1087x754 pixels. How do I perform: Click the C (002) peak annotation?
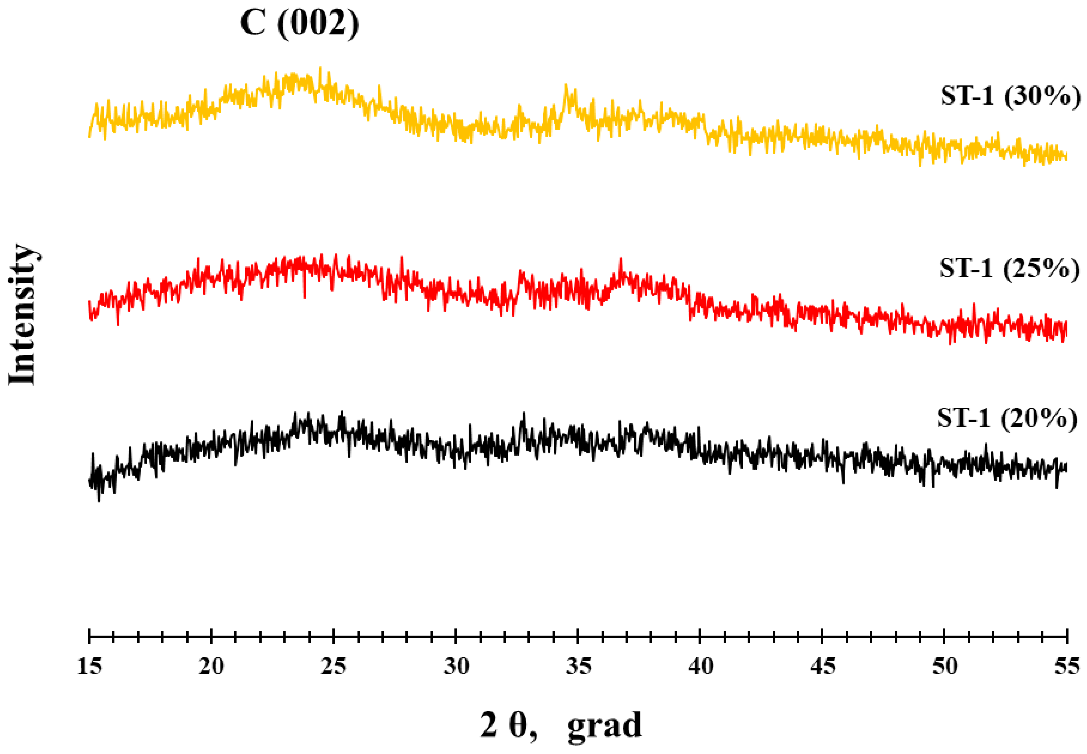pos(299,23)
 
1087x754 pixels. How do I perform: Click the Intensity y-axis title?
pos(22,315)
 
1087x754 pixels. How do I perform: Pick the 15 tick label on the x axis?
pos(89,666)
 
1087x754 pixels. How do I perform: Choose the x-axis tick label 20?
pos(211,666)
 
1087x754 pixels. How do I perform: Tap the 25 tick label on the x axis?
pos(334,666)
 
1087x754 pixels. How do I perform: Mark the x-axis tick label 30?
pos(456,666)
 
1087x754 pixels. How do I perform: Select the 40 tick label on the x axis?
pos(700,666)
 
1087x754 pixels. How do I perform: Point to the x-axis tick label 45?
pos(823,666)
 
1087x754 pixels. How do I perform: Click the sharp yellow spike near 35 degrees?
pos(566,85)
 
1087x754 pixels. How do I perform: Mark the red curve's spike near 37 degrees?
pos(621,259)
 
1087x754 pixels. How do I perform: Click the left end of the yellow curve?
pos(89,136)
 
